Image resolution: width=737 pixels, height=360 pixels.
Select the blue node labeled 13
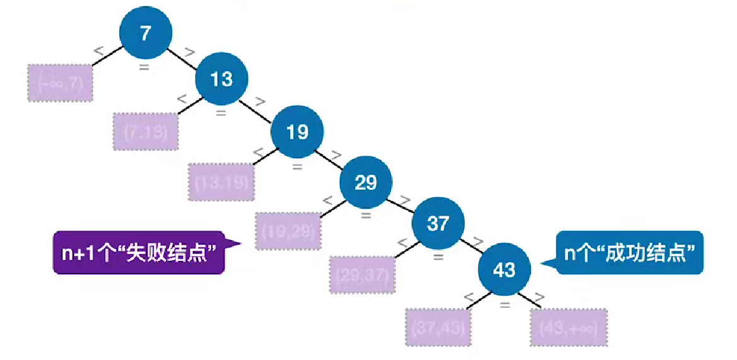pyautogui.click(x=222, y=79)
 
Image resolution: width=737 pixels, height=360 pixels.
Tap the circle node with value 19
pyautogui.click(x=297, y=132)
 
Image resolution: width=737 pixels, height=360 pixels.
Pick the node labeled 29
pyautogui.click(x=366, y=183)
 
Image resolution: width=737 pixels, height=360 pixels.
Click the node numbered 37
pyautogui.click(x=438, y=223)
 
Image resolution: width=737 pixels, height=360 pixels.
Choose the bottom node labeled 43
pyautogui.click(x=504, y=270)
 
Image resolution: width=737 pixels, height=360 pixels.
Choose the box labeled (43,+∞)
pyautogui.click(x=568, y=327)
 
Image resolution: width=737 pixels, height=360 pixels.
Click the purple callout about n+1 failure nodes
pyautogui.click(x=139, y=252)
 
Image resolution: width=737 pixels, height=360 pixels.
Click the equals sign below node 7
pyautogui.click(x=144, y=66)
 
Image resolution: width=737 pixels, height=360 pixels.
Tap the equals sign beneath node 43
pyautogui.click(x=504, y=304)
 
